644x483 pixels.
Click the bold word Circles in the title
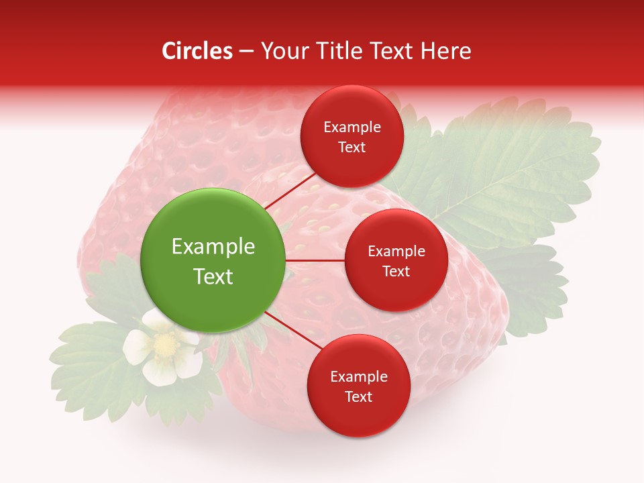point(197,51)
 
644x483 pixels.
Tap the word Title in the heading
point(335,51)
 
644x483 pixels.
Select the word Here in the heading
point(445,51)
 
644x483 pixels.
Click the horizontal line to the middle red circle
point(315,260)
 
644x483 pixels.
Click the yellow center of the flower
point(164,345)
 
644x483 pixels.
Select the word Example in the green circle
point(213,247)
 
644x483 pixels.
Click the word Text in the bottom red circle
point(358,396)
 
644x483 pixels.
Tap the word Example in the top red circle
point(352,127)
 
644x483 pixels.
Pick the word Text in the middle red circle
point(396,271)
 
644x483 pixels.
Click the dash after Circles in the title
point(246,51)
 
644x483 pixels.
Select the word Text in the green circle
point(213,276)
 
